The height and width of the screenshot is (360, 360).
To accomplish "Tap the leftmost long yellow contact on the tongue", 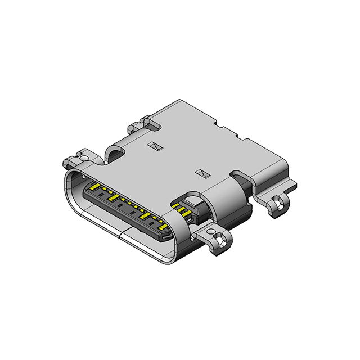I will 95,186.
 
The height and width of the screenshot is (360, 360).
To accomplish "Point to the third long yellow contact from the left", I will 144,215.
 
